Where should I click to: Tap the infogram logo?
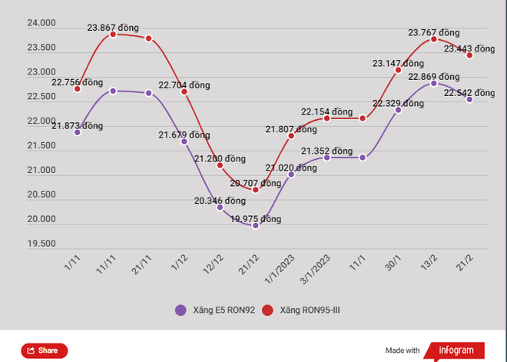click(x=456, y=350)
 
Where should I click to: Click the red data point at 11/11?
click(x=113, y=35)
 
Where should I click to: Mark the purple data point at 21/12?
click(x=256, y=226)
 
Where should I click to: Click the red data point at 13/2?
click(x=434, y=39)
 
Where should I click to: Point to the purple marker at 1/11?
click(x=78, y=132)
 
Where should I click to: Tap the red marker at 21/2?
click(x=469, y=55)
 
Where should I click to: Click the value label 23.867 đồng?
click(x=113, y=28)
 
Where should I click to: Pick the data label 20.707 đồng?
click(x=256, y=183)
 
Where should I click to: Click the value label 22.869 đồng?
click(x=434, y=76)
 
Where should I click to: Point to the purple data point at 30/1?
click(x=398, y=110)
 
